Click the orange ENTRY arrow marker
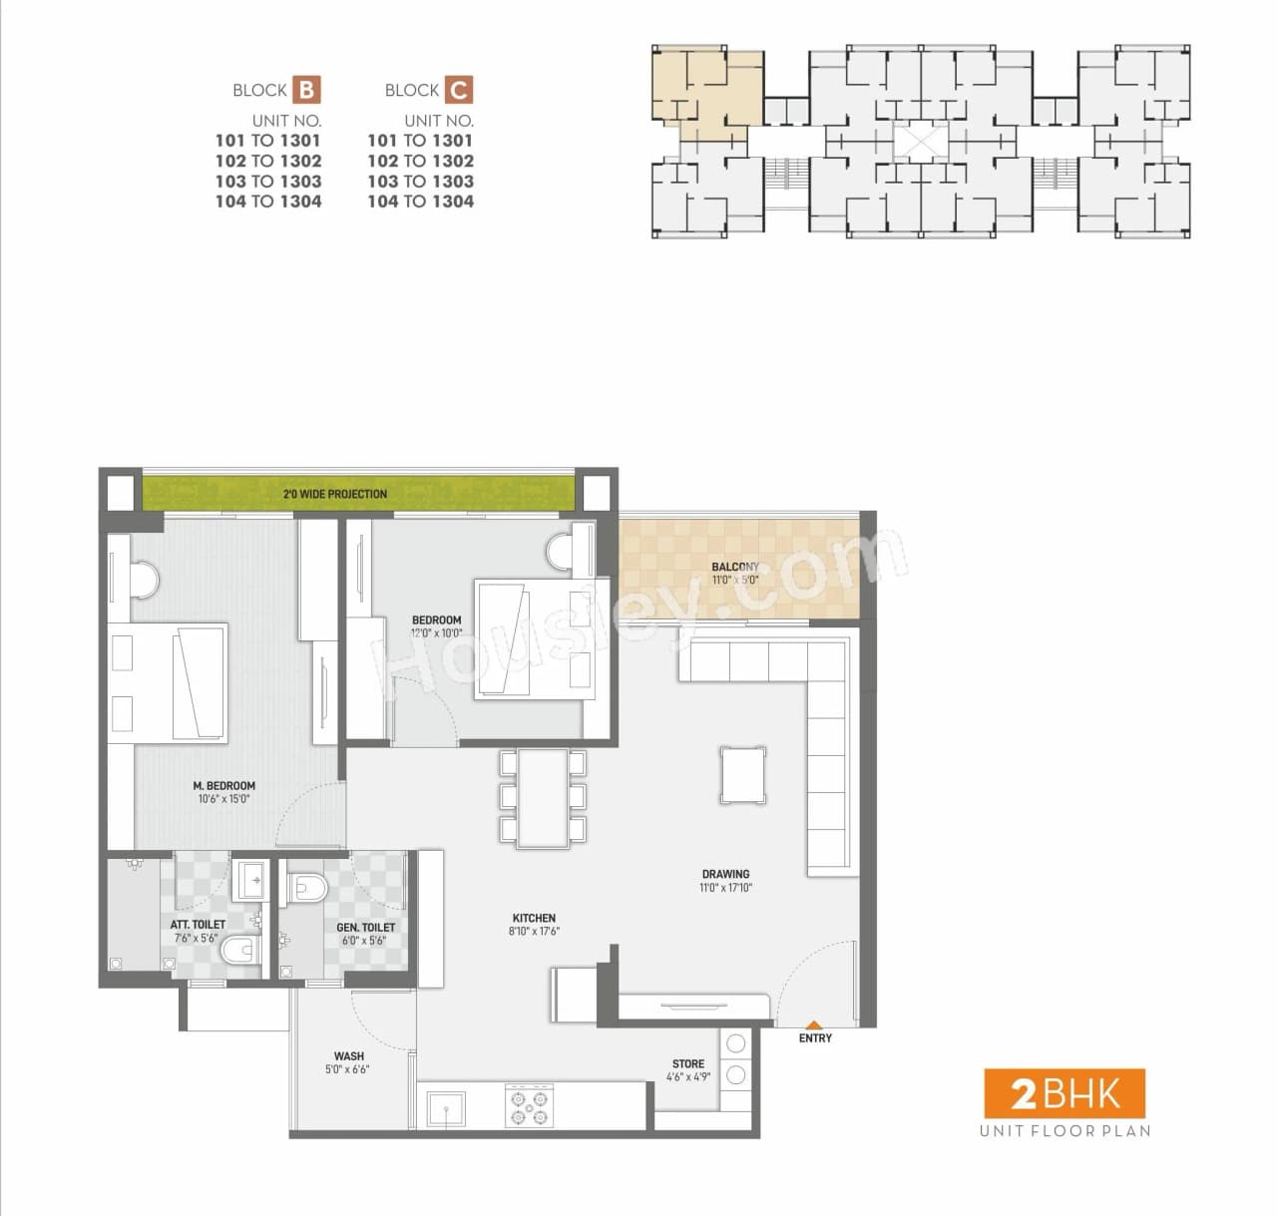pyautogui.click(x=814, y=1024)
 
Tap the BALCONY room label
pyautogui.click(x=735, y=567)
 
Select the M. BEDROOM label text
pyautogui.click(x=223, y=786)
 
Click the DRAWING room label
pyautogui.click(x=725, y=874)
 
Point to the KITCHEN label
pyautogui.click(x=534, y=918)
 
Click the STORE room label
pyautogui.click(x=687, y=1063)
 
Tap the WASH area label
pyautogui.click(x=348, y=1055)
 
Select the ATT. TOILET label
pyautogui.click(x=198, y=925)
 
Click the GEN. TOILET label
pyautogui.click(x=365, y=927)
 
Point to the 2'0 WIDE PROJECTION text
pyautogui.click(x=334, y=494)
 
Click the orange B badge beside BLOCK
pyautogui.click(x=306, y=90)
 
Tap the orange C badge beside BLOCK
pyautogui.click(x=458, y=90)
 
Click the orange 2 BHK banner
pyautogui.click(x=1064, y=1094)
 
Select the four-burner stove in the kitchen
pyautogui.click(x=529, y=1106)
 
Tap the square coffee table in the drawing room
pyautogui.click(x=744, y=774)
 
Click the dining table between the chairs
pyautogui.click(x=543, y=798)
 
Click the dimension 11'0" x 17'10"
pyautogui.click(x=725, y=888)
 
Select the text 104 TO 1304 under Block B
pyautogui.click(x=268, y=202)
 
